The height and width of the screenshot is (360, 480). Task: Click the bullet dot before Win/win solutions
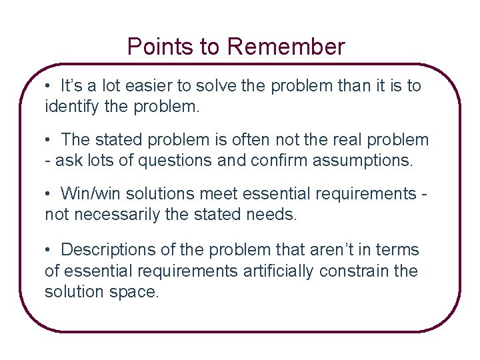tap(49, 193)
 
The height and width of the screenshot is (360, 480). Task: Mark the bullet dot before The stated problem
tap(49, 139)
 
